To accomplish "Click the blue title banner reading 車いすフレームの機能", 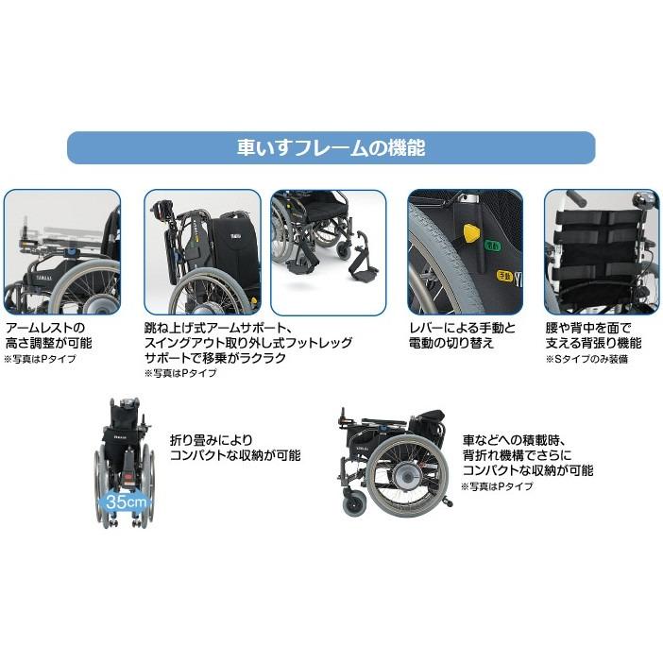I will click(x=331, y=148).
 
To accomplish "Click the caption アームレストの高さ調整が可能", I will click(x=44, y=335).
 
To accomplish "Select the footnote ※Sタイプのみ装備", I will click(x=586, y=360).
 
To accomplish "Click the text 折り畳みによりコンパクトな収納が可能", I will click(x=234, y=447).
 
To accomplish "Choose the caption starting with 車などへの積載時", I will click(x=527, y=455).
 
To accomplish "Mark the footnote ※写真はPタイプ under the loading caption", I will click(x=497, y=486).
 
